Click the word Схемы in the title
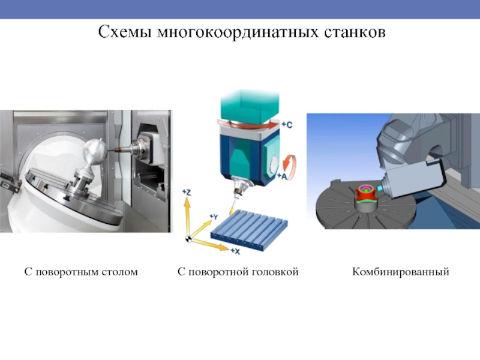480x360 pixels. coord(125,32)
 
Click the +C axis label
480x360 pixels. coord(287,125)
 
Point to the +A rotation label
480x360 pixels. coord(282,176)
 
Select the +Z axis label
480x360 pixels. coord(187,192)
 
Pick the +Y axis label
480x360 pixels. coord(214,217)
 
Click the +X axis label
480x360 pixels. coord(235,251)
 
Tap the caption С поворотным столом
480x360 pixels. coord(81,272)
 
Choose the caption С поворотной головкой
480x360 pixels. coord(238,272)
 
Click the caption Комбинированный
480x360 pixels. coord(400,272)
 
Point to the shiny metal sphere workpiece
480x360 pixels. coord(95,152)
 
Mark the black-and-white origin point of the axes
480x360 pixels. coord(188,239)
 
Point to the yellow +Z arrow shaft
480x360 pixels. coord(187,217)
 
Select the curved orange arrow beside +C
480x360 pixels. coord(248,125)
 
